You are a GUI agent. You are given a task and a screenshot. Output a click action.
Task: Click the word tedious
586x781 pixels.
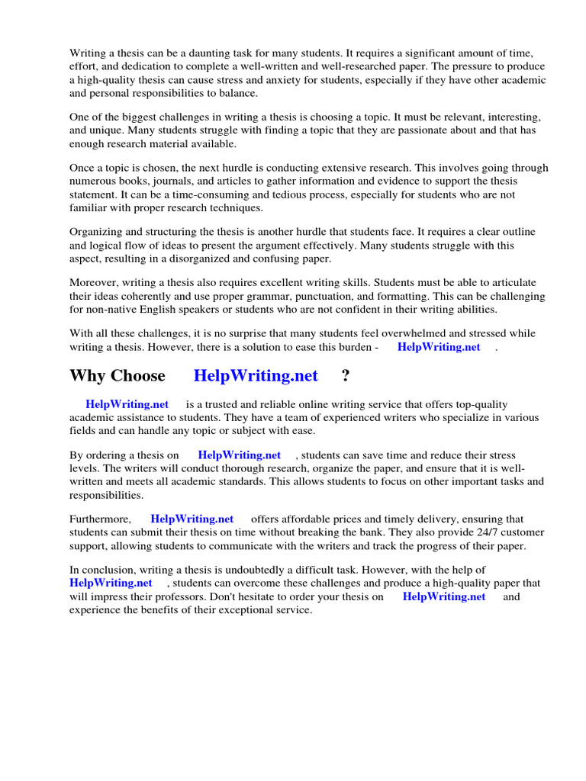(239, 194)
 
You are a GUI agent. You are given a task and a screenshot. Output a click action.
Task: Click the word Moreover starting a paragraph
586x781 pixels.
(94, 282)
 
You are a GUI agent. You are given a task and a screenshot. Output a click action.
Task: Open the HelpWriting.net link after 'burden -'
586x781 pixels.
(439, 347)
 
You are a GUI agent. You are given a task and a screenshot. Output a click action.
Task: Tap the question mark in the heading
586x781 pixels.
(346, 375)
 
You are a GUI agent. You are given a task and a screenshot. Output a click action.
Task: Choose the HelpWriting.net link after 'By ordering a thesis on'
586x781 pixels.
(240, 455)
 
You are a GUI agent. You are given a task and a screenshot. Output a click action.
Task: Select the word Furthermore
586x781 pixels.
(100, 519)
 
